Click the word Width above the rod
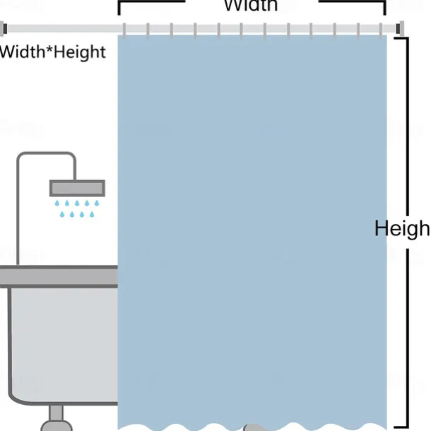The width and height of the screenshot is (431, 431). click(251, 6)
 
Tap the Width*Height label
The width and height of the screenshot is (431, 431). click(53, 52)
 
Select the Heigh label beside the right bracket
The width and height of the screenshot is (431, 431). click(401, 228)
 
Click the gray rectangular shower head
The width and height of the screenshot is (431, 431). click(77, 188)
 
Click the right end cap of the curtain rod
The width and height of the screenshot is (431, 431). click(401, 28)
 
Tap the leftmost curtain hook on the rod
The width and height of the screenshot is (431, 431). click(125, 30)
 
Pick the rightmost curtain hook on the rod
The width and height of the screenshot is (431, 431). click(382, 30)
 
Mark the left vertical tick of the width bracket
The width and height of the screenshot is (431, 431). click(119, 8)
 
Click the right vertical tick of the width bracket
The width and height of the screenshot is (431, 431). click(384, 8)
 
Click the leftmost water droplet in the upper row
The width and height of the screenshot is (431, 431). click(58, 203)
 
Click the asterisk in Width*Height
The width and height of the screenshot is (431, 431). click(47, 50)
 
